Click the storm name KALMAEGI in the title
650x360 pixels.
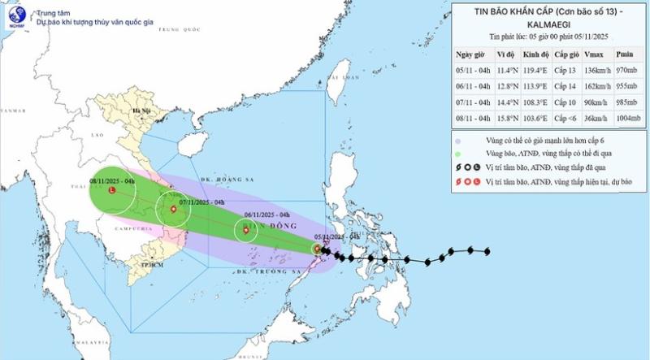(548, 28)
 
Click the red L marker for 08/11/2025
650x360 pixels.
(111, 192)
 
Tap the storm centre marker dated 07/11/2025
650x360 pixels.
(173, 210)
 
